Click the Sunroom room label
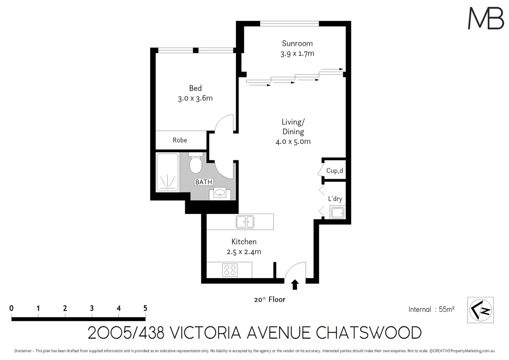tap(297, 43)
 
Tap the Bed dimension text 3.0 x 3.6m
tap(195, 98)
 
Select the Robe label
tap(180, 140)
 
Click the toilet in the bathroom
tap(196, 164)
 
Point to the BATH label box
tap(204, 182)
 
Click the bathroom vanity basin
tap(220, 193)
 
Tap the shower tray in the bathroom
tap(167, 173)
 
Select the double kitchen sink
tap(245, 222)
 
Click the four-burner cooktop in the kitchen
tap(230, 270)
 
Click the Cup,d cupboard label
tap(334, 171)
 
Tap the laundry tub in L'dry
tap(337, 212)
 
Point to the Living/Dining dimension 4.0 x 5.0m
tap(293, 142)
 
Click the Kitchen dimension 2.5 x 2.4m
tap(244, 252)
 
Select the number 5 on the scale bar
tap(145, 308)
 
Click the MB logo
tap(486, 18)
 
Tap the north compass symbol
tap(480, 310)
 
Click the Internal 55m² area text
tap(431, 309)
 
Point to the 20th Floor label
tap(270, 299)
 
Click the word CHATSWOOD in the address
tap(368, 333)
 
